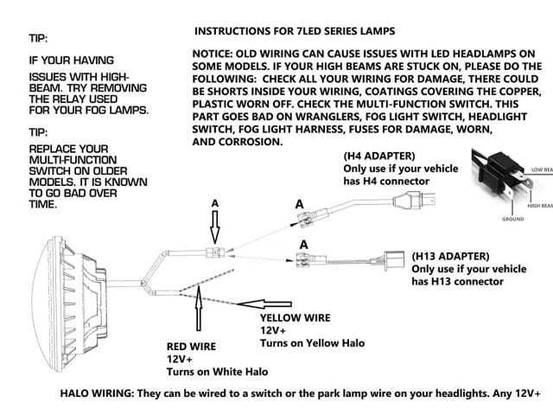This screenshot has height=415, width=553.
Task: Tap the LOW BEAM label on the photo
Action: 541,169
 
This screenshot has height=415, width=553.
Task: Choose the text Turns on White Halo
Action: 217,372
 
